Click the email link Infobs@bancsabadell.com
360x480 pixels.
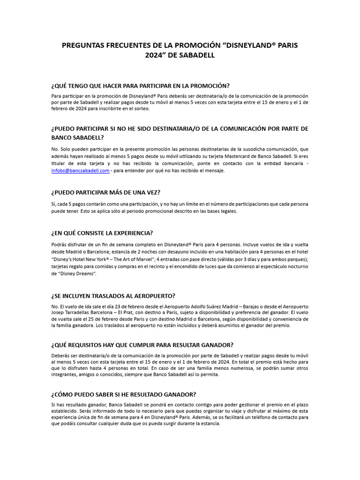[81, 171]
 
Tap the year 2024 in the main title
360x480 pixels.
[155, 55]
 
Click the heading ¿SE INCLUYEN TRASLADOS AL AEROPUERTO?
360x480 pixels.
[113, 296]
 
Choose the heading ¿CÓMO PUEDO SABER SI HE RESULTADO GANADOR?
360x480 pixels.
[123, 394]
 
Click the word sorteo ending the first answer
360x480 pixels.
[141, 109]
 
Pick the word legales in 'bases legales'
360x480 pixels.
[228, 211]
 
